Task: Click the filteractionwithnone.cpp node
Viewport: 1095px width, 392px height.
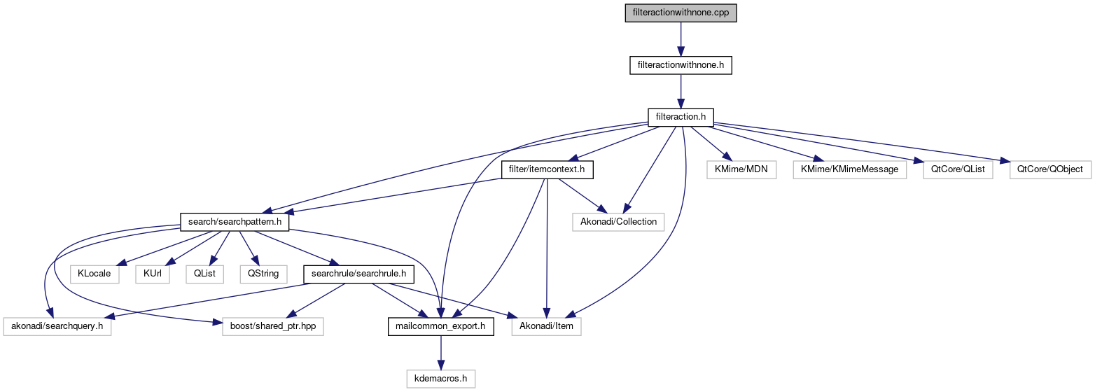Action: (681, 13)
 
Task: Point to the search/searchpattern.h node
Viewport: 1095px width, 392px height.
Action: (235, 222)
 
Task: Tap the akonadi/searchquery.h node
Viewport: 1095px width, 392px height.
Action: (57, 326)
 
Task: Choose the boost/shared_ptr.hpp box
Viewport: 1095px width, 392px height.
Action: (272, 326)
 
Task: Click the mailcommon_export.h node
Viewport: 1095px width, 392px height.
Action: (440, 326)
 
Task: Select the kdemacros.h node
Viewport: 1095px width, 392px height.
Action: (440, 379)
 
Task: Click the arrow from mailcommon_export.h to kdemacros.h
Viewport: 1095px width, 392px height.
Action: (440, 352)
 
